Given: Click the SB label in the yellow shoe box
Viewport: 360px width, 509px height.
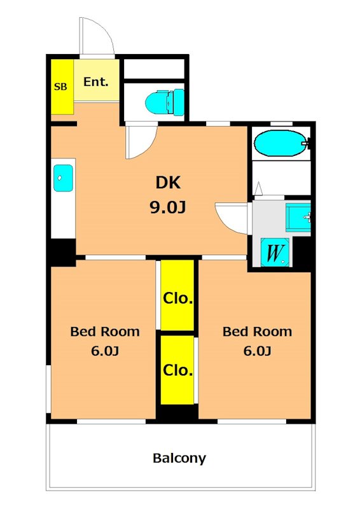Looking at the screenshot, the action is [60, 87].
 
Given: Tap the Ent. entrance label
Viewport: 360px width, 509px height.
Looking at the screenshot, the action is [96, 82].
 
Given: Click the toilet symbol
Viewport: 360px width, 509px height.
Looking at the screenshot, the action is [165, 102].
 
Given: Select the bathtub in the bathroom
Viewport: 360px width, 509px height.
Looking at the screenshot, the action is [280, 143].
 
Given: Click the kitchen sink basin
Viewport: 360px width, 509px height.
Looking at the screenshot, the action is [64, 178].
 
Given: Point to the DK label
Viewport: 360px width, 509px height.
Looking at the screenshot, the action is [168, 183].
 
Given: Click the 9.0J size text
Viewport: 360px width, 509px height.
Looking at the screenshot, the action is [167, 207].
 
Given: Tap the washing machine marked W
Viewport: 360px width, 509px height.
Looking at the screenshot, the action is [275, 253].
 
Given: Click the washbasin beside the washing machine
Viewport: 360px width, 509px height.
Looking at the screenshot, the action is [298, 217].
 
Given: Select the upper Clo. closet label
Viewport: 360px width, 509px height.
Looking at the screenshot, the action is [177, 298].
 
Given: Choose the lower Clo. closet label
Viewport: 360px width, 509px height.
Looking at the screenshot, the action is [177, 370].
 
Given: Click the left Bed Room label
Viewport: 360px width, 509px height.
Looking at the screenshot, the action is [105, 331].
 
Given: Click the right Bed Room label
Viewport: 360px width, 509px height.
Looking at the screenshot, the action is [257, 331].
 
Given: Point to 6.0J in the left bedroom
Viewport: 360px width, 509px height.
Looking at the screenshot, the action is [105, 351].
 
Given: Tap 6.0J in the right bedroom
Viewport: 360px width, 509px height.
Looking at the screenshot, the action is [257, 351].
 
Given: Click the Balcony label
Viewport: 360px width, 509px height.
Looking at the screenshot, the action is [179, 458].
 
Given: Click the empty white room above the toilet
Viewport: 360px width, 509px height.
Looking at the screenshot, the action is [154, 69].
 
